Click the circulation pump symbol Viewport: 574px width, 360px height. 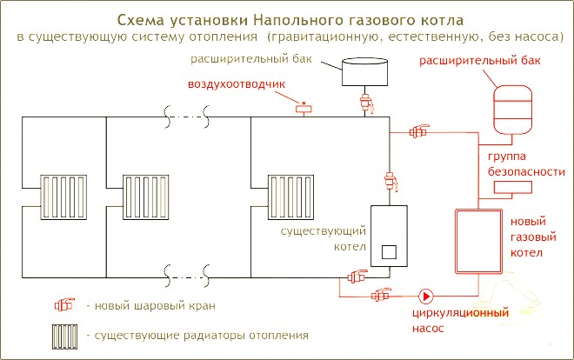pyautogui.click(x=426, y=297)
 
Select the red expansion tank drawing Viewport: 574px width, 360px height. pyautogui.click(x=512, y=110)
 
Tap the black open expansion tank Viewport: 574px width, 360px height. pyautogui.click(x=364, y=71)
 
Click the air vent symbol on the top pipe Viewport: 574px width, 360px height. pyautogui.click(x=304, y=108)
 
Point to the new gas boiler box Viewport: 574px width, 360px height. pyautogui.click(x=479, y=242)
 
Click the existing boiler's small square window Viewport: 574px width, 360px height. pyautogui.click(x=389, y=251)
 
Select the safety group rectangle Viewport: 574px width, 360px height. pyautogui.click(x=512, y=187)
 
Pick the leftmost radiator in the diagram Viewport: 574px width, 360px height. pyautogui.click(x=63, y=197)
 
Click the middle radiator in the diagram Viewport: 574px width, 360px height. pyautogui.click(x=146, y=197)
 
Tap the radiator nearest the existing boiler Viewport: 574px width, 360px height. pyautogui.click(x=290, y=197)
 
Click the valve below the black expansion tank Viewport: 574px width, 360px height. pyautogui.click(x=366, y=103)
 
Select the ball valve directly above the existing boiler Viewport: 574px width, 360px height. pyautogui.click(x=390, y=181)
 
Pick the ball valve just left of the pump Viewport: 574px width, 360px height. pyautogui.click(x=381, y=295)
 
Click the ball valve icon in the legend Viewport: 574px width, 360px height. pyautogui.click(x=64, y=304)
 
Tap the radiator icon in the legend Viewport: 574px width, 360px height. pyautogui.click(x=64, y=337)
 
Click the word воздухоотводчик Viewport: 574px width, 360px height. pyautogui.click(x=237, y=84)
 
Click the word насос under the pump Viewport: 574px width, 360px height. pyautogui.click(x=428, y=328)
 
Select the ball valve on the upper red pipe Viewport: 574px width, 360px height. pyautogui.click(x=419, y=131)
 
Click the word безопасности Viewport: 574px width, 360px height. pyautogui.click(x=526, y=172)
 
